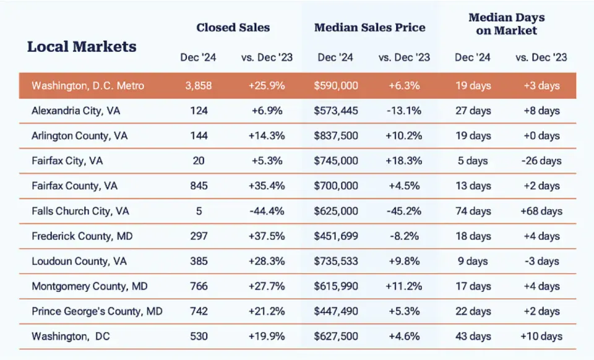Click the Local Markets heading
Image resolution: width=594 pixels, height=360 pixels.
click(x=82, y=46)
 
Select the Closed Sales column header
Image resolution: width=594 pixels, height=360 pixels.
click(x=233, y=27)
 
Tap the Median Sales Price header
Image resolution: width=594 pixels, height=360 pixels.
click(x=370, y=27)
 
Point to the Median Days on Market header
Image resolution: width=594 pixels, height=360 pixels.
click(x=507, y=24)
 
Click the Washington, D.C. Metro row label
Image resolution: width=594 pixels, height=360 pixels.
click(x=88, y=85)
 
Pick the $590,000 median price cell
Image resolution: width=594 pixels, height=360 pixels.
click(x=335, y=85)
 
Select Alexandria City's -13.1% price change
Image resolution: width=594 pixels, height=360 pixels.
click(x=404, y=111)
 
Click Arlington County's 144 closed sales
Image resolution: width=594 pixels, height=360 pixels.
click(x=199, y=135)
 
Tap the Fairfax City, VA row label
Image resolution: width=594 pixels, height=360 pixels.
click(x=67, y=161)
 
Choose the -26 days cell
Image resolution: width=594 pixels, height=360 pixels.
click(x=541, y=161)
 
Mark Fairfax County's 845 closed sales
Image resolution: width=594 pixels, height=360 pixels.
click(x=199, y=186)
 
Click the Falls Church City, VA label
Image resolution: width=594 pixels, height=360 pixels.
click(x=80, y=211)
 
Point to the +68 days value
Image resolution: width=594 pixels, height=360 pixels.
click(x=541, y=211)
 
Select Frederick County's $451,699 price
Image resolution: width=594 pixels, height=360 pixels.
click(x=335, y=236)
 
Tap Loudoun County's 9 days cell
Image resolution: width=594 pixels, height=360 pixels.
click(x=472, y=261)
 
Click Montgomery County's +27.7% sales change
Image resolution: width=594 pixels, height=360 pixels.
click(x=267, y=286)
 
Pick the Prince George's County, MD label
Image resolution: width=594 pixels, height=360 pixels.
click(x=97, y=311)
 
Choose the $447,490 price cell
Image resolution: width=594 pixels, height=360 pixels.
click(x=335, y=311)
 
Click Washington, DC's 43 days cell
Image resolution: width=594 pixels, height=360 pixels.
click(x=473, y=336)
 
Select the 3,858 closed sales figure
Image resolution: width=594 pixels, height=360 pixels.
click(x=199, y=85)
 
